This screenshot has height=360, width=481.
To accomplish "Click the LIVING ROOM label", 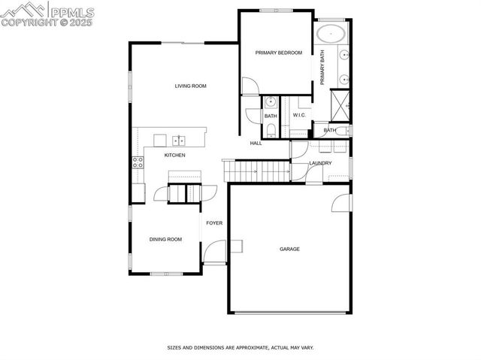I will tap(190, 86).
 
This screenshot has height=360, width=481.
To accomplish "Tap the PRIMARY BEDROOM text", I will tap(278, 53).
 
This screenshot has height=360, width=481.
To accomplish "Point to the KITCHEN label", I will tap(174, 156).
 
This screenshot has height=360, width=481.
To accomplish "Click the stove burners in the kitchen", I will tap(138, 162).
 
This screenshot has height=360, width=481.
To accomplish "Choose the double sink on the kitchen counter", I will tap(179, 140).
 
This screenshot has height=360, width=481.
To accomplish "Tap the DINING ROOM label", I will tap(165, 240).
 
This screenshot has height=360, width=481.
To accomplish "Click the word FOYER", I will tap(215, 223).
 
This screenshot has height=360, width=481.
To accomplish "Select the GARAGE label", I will tap(290, 250).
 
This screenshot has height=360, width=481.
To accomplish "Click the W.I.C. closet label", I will tap(298, 116).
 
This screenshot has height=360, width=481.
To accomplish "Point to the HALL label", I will tap(256, 143).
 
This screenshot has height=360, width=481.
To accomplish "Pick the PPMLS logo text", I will tap(71, 11).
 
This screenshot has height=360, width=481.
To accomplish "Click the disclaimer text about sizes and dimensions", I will tap(240, 348).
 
